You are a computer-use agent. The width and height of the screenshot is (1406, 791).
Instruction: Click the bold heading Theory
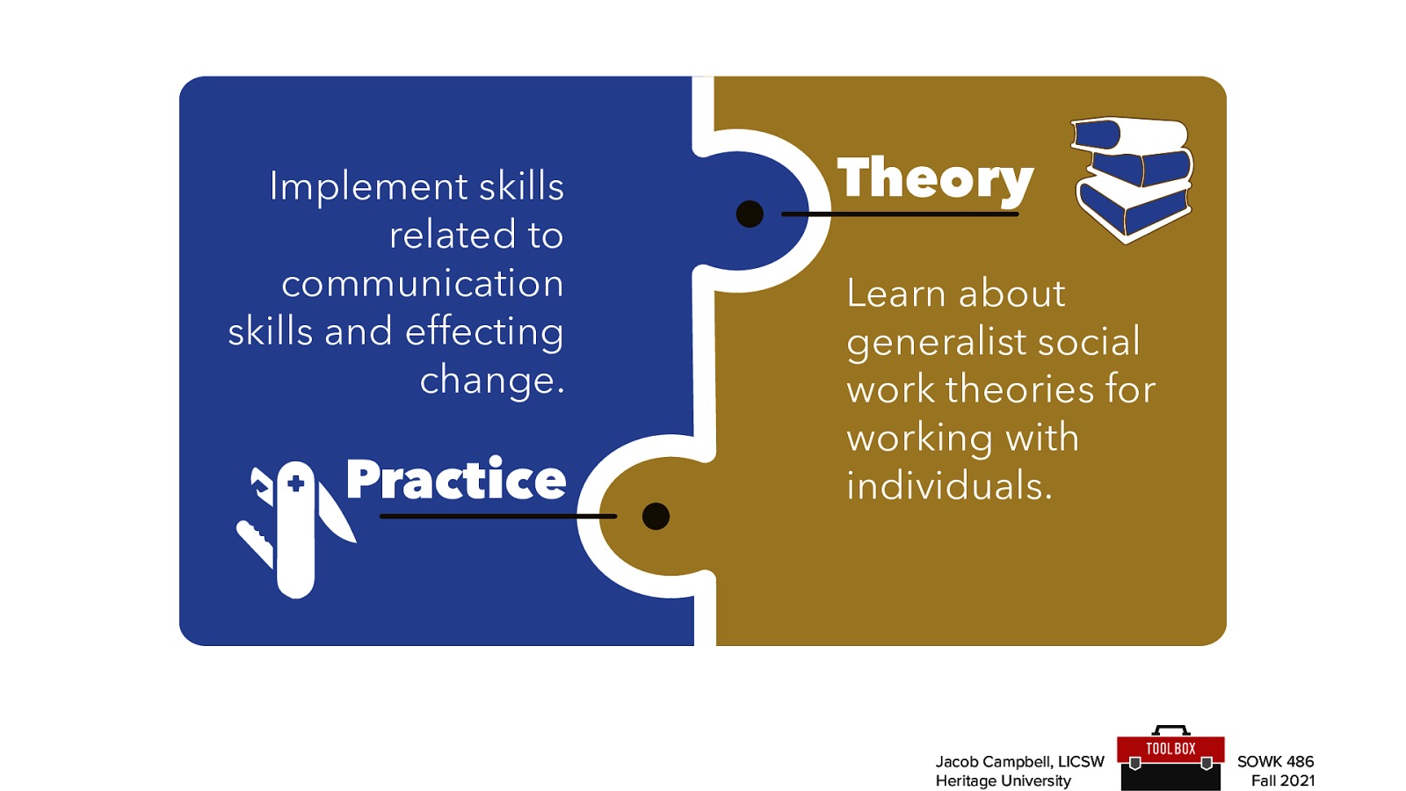coord(934,179)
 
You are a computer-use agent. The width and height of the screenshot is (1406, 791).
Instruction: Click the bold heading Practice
coord(455,480)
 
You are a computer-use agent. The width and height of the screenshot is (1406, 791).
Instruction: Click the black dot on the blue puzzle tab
coord(750,214)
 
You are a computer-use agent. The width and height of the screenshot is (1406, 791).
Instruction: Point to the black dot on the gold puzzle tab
coord(656,516)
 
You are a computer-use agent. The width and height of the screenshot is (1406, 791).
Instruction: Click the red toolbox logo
coord(1170,758)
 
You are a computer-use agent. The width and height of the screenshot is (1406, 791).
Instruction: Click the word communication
coord(422,284)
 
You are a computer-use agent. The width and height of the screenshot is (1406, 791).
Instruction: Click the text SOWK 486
coord(1275,761)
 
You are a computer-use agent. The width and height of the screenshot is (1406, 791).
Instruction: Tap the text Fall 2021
coord(1282,780)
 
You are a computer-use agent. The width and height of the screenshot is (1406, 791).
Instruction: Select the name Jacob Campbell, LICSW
coord(1019,761)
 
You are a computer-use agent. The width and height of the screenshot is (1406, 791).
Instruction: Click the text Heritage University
coord(1003,780)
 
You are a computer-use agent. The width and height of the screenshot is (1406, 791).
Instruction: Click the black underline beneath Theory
coord(899,214)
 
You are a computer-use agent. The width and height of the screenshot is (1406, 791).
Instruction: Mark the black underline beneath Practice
coord(497,516)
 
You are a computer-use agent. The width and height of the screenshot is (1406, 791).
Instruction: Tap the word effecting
coord(484,332)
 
